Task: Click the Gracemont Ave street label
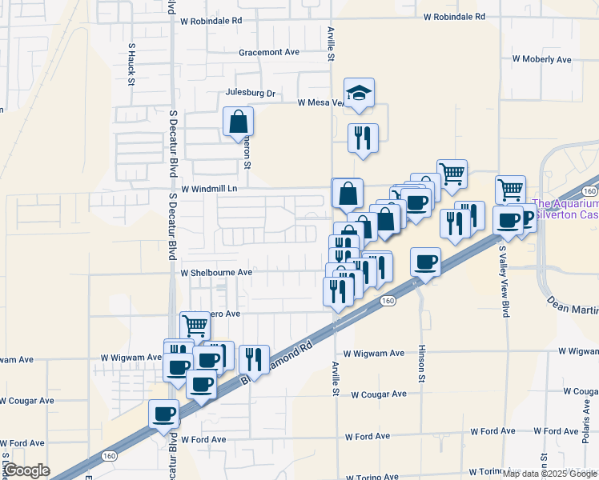pos(268,52)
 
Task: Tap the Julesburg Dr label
pos(250,94)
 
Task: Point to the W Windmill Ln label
pos(210,190)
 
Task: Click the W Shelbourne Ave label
pos(216,273)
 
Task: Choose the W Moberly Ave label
pos(541,59)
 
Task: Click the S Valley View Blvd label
pos(505,280)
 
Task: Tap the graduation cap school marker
pos(360,94)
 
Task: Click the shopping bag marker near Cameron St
pos(239,122)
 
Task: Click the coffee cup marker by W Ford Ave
pos(164,415)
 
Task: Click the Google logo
pos(26,470)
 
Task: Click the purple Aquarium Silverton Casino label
pos(565,210)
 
